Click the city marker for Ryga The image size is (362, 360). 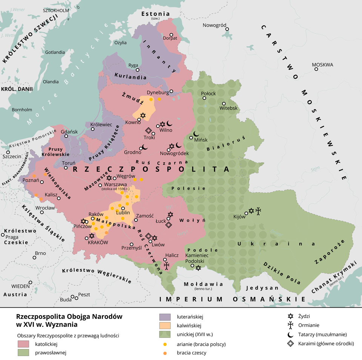point(138,70)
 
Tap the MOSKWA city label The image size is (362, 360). point(323,65)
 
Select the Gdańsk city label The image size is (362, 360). point(69,132)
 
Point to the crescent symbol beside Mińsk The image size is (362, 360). point(196,133)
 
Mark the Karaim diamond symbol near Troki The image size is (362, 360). point(149,131)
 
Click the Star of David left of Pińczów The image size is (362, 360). point(83,221)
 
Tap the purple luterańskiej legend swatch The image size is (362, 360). point(166,317)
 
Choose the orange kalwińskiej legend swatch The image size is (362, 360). point(166,325)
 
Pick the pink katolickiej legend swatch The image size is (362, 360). point(24,344)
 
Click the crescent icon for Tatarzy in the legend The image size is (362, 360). point(290,334)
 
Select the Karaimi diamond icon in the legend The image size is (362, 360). point(290,343)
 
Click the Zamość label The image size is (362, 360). point(144,216)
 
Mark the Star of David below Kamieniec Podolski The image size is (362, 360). point(198,268)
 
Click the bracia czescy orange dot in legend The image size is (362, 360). point(165,353)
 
